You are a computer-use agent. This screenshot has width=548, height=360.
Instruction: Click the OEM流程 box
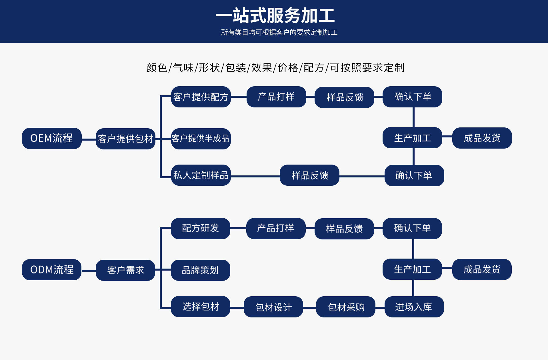point(52,138)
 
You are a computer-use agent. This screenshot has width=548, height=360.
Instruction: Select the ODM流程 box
point(52,270)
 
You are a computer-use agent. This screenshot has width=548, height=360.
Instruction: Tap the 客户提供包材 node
point(125,139)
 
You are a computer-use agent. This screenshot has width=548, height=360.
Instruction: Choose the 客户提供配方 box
point(201,97)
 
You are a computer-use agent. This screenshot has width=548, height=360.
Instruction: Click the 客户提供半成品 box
point(201,139)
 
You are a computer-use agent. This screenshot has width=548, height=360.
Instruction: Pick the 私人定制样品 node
point(201,175)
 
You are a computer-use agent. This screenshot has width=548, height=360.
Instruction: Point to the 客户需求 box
point(125,270)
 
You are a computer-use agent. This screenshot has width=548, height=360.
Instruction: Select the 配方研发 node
point(201,228)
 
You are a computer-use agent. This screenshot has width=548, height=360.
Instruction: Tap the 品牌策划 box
point(201,270)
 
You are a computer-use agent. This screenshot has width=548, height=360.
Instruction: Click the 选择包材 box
point(201,307)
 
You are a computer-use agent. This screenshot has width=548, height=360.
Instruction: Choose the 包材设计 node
point(273,307)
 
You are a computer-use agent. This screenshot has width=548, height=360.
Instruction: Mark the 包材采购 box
point(346,307)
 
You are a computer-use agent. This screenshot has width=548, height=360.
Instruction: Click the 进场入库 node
point(414,307)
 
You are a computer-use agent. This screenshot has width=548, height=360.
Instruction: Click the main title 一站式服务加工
point(275,15)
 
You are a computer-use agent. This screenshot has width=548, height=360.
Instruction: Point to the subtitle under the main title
point(279,33)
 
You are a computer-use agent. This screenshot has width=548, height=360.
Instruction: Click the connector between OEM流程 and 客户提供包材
point(89,139)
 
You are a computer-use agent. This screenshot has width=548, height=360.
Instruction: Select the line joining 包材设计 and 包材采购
point(309,308)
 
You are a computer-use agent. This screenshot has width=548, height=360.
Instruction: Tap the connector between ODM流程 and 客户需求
point(89,271)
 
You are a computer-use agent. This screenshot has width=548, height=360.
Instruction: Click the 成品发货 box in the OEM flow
point(482,138)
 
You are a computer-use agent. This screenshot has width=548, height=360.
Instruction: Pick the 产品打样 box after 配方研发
point(276,228)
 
